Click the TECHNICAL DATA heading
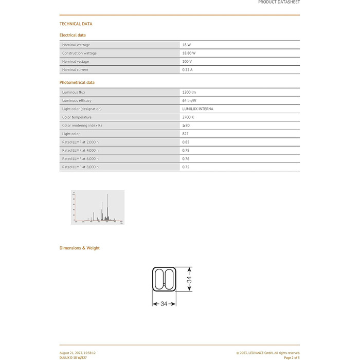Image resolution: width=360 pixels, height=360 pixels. click(76, 24)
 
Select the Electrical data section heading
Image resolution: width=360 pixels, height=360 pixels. click(73, 35)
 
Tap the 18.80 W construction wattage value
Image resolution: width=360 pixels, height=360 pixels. click(189, 53)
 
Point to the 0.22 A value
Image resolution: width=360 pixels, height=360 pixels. click(187, 69)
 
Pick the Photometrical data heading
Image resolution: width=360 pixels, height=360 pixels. click(77, 82)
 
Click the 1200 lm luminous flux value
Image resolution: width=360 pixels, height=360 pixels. click(189, 92)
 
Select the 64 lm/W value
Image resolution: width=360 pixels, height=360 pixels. click(189, 100)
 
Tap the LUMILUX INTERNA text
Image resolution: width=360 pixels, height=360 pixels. click(197, 109)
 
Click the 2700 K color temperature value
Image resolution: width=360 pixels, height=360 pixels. click(188, 117)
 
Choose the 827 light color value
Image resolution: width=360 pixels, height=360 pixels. click(185, 133)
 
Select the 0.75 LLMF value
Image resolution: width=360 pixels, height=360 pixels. click(186, 167)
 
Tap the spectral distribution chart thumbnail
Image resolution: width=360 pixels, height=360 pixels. click(98, 207)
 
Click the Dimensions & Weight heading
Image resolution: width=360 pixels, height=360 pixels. click(80, 248)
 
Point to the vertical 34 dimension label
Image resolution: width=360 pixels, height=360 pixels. click(189, 280)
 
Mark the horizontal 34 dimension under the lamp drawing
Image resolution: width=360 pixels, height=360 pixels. click(164, 304)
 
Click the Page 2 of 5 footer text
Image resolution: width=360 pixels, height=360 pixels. click(292, 357)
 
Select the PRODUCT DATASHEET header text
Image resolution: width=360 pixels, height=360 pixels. click(279, 2)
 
